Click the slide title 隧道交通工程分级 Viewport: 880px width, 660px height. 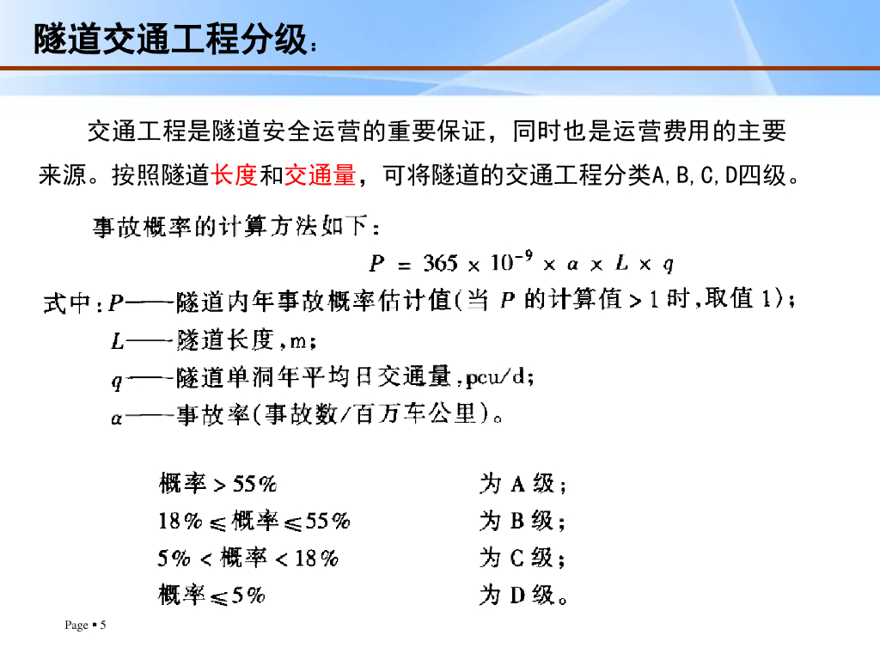[x=171, y=40]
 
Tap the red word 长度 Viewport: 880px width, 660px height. [x=235, y=175]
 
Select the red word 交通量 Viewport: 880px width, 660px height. [x=321, y=175]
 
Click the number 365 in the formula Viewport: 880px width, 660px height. [x=441, y=263]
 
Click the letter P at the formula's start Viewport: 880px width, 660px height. [x=376, y=263]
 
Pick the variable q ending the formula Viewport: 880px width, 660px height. [x=668, y=265]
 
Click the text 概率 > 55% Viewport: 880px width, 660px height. [x=217, y=483]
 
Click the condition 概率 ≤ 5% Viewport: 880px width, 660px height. [x=211, y=595]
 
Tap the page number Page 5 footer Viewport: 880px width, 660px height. [x=85, y=625]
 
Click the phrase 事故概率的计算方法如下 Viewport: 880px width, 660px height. [x=230, y=226]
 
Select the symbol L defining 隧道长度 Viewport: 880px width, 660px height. [x=117, y=340]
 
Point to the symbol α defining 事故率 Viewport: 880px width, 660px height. [x=117, y=419]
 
